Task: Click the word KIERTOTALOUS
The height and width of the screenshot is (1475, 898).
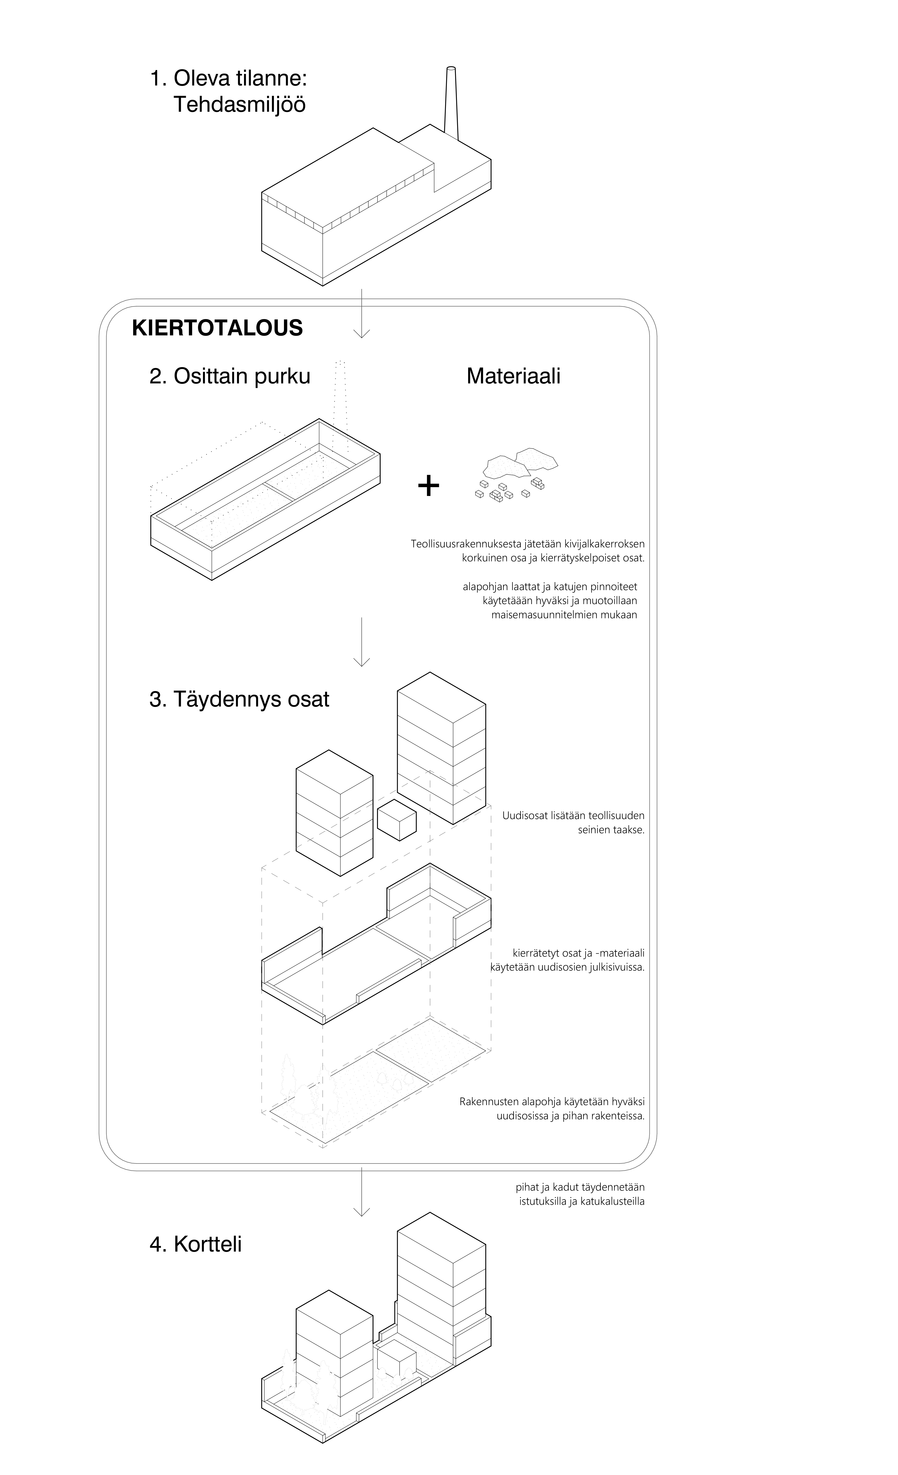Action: (x=217, y=328)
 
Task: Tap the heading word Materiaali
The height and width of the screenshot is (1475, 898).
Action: (x=513, y=376)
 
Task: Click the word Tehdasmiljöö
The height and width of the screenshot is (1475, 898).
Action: (x=239, y=105)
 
